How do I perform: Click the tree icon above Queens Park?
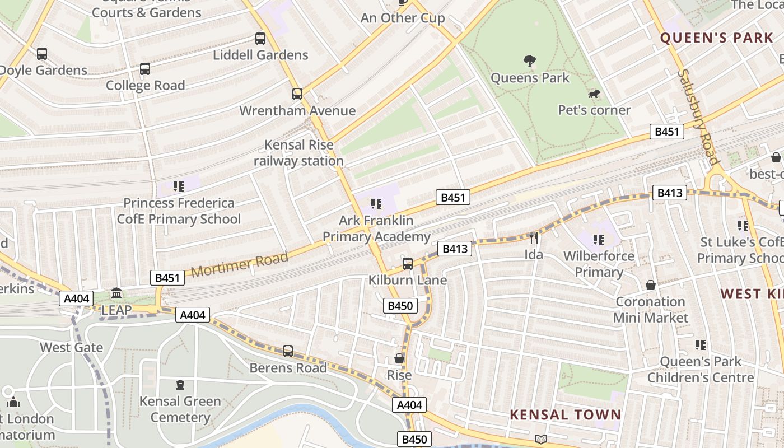(x=529, y=60)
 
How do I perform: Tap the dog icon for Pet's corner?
(x=594, y=94)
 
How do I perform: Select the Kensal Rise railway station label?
(x=298, y=153)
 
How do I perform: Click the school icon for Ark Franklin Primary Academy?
(x=376, y=204)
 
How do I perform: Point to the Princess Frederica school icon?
(x=179, y=186)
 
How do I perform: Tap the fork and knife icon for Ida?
(x=533, y=238)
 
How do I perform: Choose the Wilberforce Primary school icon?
(x=598, y=240)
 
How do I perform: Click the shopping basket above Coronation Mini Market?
(x=650, y=285)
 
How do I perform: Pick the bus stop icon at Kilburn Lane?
(x=408, y=263)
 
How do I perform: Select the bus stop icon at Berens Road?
(x=288, y=351)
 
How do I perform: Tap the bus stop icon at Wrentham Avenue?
(x=297, y=94)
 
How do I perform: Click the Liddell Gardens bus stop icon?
(x=260, y=39)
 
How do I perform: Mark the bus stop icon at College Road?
(x=145, y=69)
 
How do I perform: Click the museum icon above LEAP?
(x=116, y=293)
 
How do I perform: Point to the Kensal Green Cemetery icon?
(x=180, y=385)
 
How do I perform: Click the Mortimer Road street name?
(x=240, y=264)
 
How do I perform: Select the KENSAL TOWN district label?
(x=566, y=415)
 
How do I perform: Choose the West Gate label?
(x=71, y=347)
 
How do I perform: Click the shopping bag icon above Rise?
(x=399, y=358)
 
